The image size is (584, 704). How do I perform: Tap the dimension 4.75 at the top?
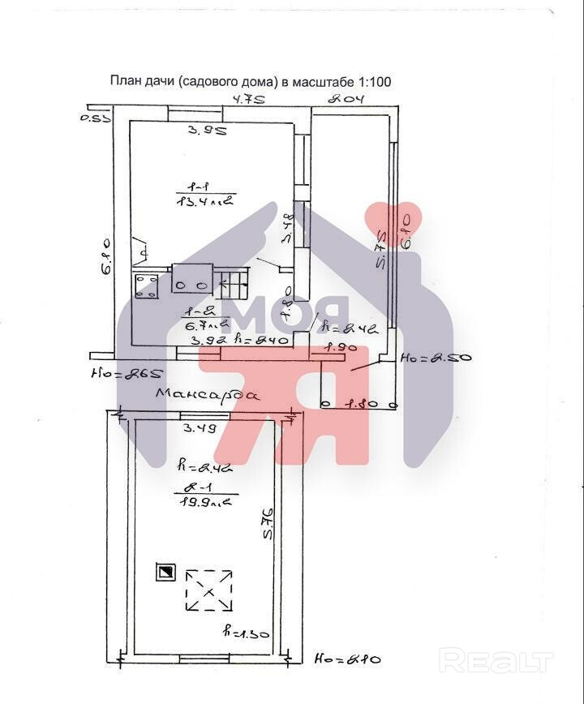pos(249,100)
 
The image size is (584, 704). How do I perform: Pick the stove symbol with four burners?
pos(147,285)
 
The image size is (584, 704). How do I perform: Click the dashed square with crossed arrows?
pos(209,590)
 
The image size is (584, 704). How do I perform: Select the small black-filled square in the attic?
pos(165,573)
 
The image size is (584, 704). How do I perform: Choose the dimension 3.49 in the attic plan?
pos(198,428)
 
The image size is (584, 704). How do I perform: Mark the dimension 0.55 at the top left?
pos(96,119)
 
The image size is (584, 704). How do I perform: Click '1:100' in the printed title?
pos(374,81)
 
